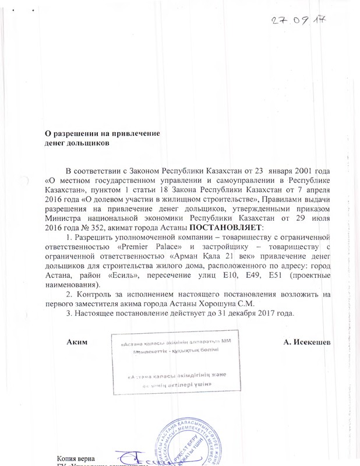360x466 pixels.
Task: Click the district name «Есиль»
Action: [131, 276]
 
